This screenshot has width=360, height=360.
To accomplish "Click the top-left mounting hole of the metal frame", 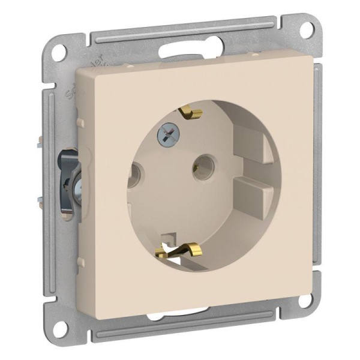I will (58, 52).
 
